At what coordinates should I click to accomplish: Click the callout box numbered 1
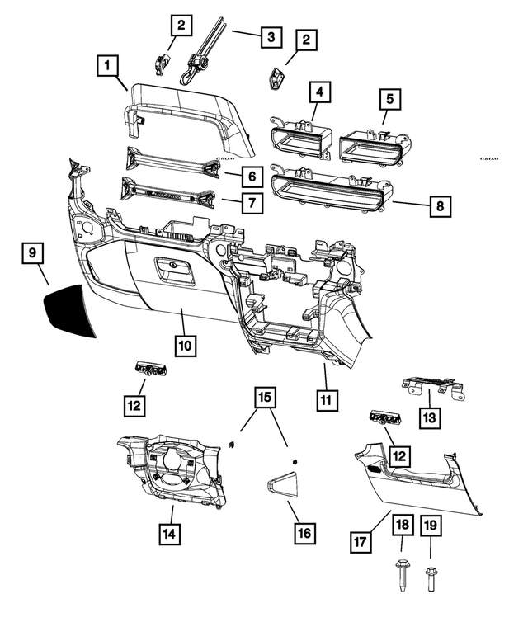click(108, 64)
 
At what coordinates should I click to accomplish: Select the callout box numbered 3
click(270, 37)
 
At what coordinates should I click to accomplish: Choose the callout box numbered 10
click(186, 344)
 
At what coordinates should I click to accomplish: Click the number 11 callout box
click(327, 400)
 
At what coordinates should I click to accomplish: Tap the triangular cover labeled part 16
click(285, 482)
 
